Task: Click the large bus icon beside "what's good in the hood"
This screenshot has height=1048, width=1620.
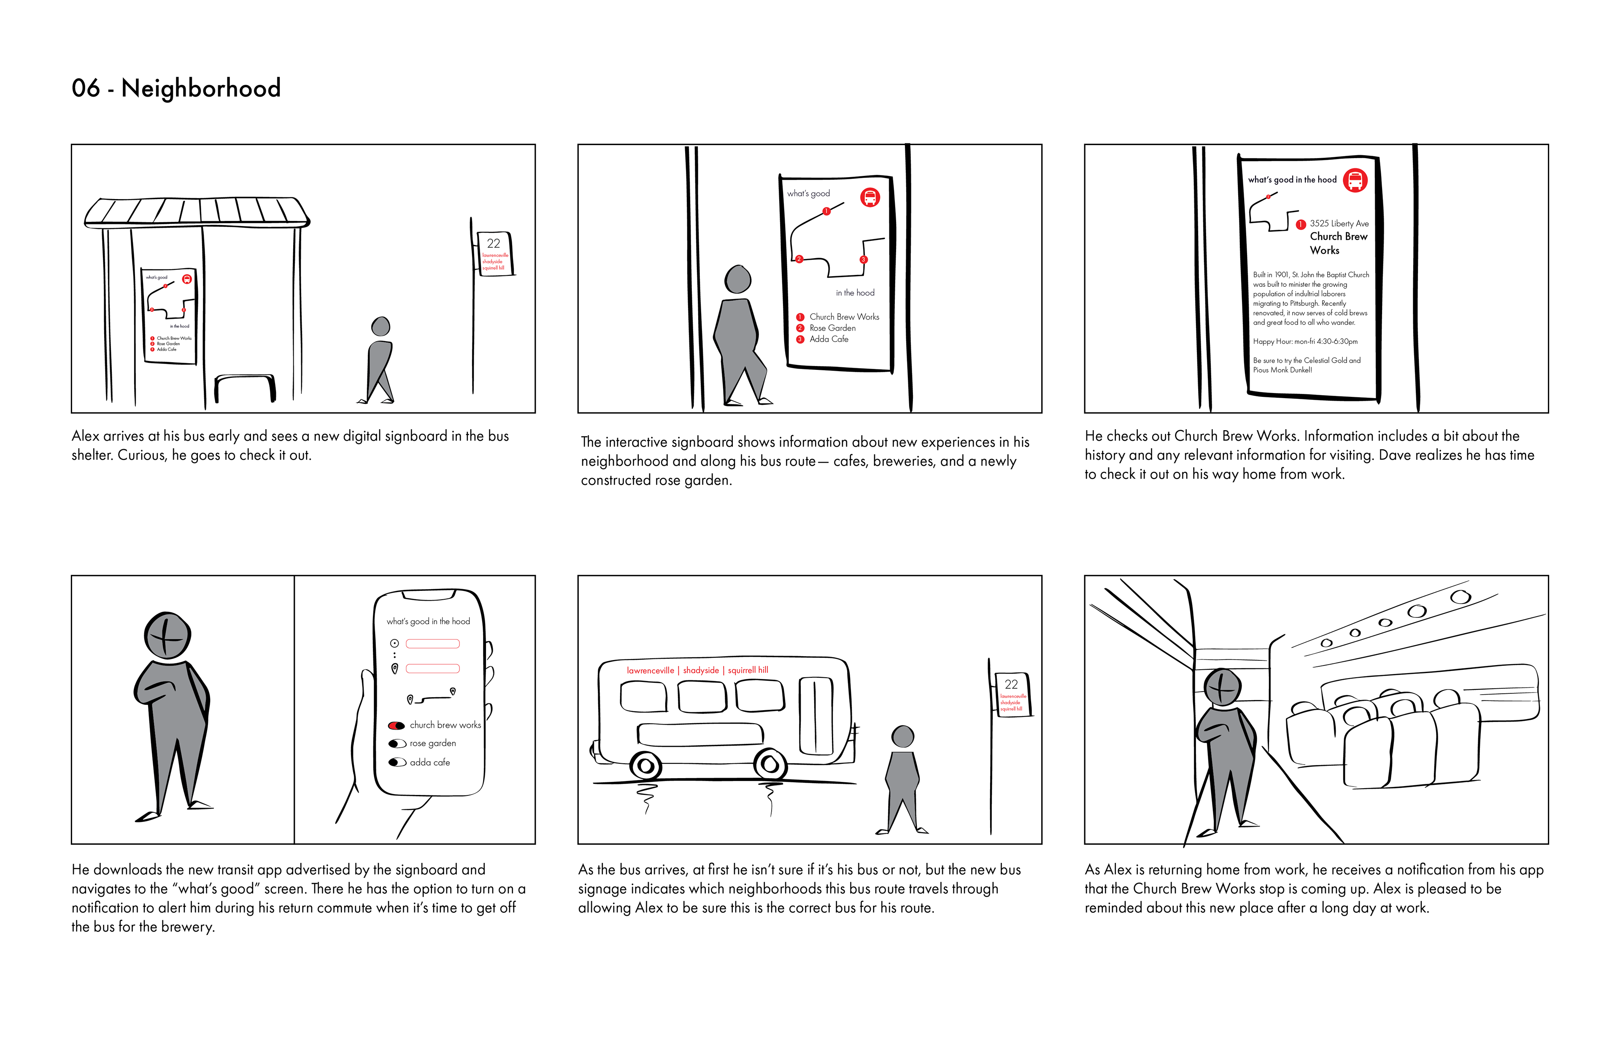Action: point(1355,181)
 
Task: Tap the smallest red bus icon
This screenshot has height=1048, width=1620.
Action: point(187,279)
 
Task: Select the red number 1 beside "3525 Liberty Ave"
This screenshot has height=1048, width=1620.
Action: point(1300,224)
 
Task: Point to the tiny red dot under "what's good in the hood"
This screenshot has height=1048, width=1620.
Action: point(1268,197)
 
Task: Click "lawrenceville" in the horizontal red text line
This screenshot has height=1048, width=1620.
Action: point(650,670)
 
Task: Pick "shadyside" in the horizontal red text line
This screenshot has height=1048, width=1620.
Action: point(701,670)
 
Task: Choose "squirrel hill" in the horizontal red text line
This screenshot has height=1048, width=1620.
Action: point(748,670)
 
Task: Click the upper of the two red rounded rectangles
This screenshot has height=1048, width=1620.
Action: point(432,644)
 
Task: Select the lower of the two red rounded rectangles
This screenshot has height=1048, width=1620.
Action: point(432,669)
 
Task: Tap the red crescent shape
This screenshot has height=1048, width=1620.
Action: point(394,725)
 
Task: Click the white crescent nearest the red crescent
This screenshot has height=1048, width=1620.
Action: point(400,743)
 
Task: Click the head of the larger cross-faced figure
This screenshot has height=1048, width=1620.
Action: point(167,636)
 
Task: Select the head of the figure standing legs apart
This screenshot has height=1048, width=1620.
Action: point(902,736)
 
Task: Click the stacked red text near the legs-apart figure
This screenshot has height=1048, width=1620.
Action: point(1013,702)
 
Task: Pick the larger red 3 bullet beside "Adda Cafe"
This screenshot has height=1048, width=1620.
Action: point(800,339)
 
